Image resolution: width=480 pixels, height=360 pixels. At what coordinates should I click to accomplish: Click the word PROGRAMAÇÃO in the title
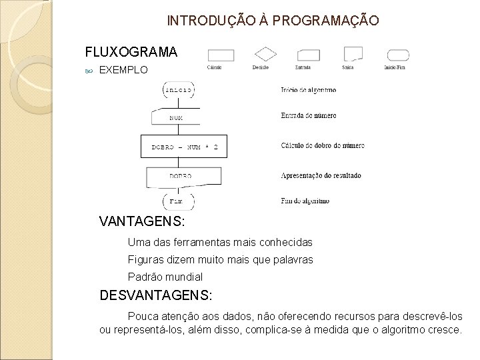(x=327, y=21)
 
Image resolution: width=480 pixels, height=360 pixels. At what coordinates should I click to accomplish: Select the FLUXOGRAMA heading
(x=131, y=52)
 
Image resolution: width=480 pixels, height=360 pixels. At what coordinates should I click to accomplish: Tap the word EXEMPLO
(x=123, y=69)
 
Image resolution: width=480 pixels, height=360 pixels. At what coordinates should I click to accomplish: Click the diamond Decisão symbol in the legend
(x=265, y=54)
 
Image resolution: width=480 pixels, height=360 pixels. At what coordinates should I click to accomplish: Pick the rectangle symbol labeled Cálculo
(x=220, y=55)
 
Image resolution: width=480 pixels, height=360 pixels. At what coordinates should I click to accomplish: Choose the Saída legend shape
(x=353, y=54)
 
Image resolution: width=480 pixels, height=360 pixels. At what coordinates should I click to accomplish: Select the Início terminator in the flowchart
(x=179, y=89)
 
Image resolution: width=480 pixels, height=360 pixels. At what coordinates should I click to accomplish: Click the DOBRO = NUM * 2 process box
(x=185, y=145)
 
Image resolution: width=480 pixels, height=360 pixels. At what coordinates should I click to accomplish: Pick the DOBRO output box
(x=179, y=175)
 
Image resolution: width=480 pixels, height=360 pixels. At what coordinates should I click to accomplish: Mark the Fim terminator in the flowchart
(x=177, y=200)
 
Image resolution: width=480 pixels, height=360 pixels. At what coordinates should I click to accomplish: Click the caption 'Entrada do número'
(x=308, y=115)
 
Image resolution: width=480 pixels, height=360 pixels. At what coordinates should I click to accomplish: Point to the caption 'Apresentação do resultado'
(x=321, y=175)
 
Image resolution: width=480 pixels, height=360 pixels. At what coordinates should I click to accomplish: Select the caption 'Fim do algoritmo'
(x=305, y=200)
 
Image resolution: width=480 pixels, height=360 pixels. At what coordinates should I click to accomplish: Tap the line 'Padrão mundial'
(x=165, y=276)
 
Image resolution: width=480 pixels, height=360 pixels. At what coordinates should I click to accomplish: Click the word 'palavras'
(x=293, y=259)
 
